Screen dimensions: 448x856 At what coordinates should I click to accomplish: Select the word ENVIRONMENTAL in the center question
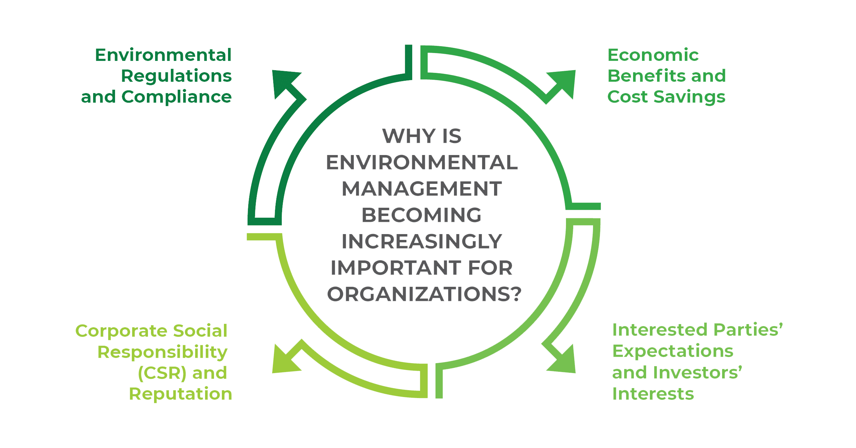click(422, 162)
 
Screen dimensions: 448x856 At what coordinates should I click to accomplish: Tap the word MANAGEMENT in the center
click(422, 189)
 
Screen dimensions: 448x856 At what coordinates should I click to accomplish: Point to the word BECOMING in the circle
click(422, 215)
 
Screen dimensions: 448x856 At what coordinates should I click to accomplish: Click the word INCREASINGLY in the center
click(422, 241)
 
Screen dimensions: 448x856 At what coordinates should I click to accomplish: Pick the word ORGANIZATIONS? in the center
click(424, 294)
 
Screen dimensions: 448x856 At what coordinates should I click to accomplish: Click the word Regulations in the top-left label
click(177, 76)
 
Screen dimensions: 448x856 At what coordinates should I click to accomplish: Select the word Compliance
click(177, 97)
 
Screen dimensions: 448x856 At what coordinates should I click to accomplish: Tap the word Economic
click(653, 55)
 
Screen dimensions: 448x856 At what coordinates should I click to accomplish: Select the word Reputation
click(180, 394)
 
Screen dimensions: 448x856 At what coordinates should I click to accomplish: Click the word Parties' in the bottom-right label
click(748, 330)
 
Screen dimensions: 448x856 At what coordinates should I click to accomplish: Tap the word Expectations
click(672, 351)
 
